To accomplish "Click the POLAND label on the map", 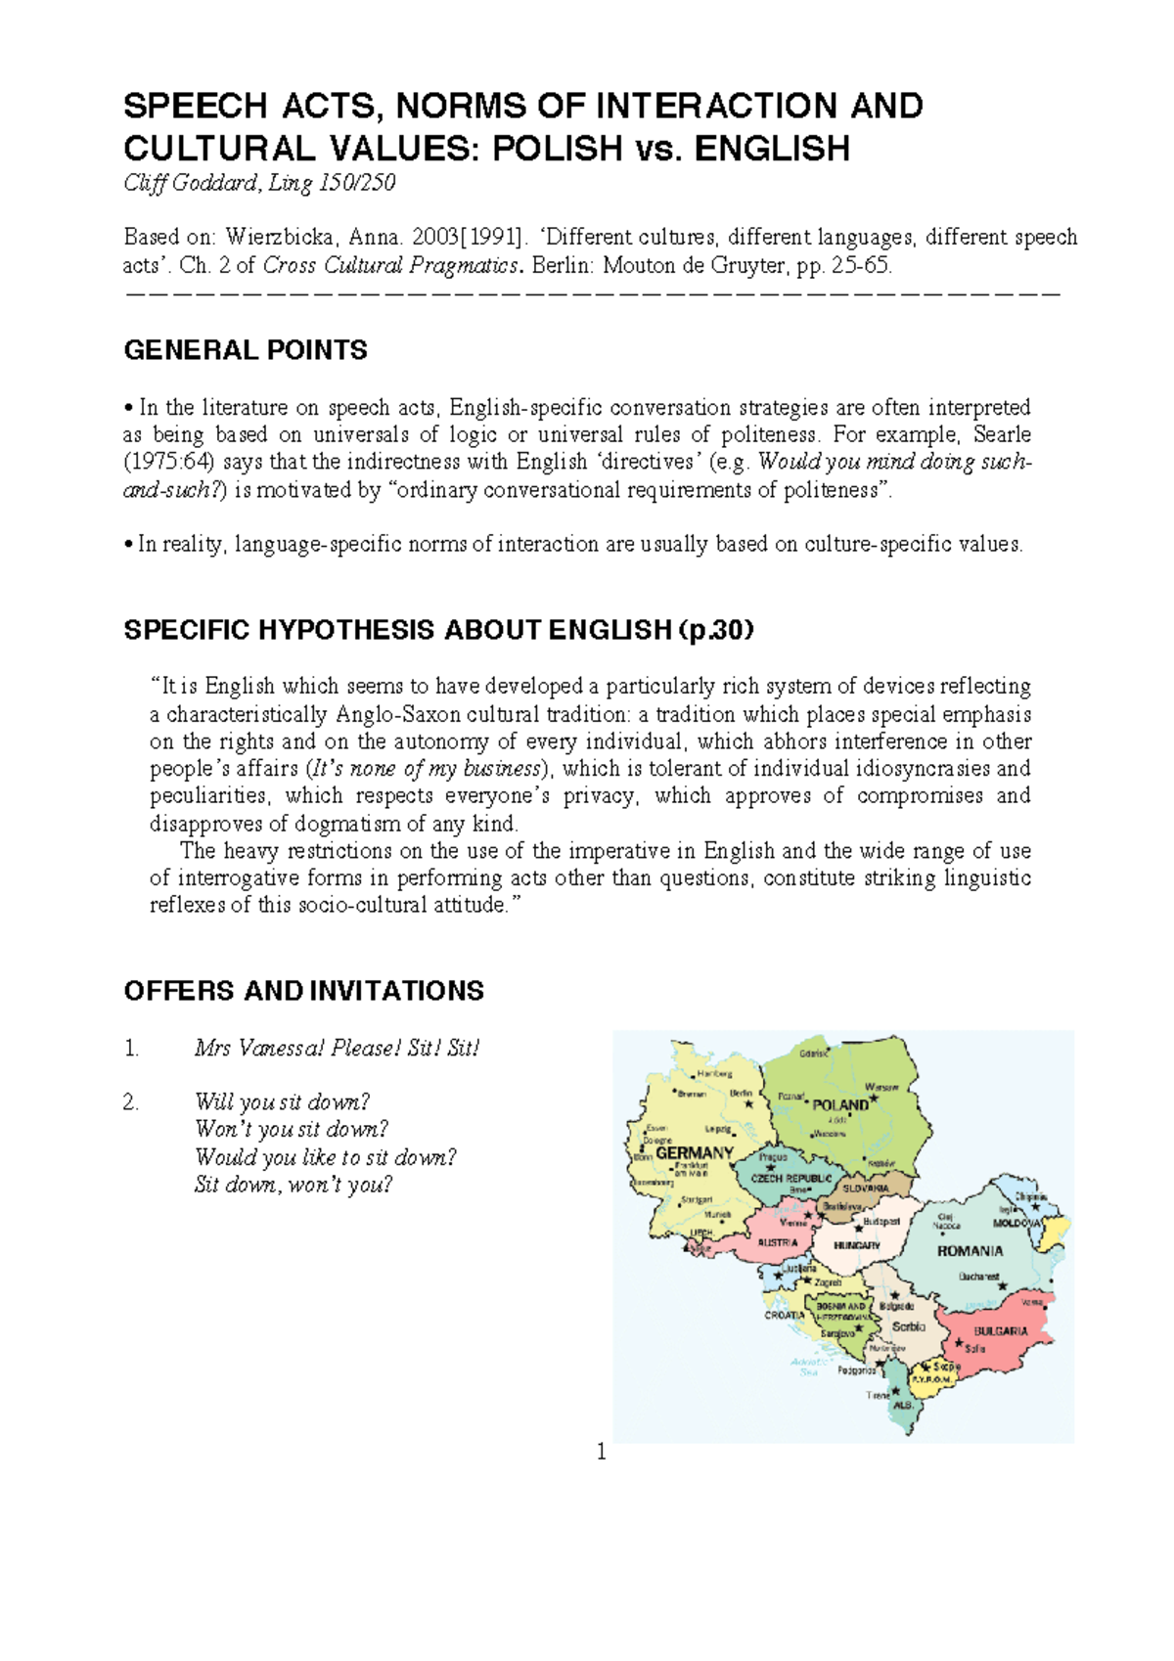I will click(840, 1104).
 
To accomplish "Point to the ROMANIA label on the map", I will click(970, 1250).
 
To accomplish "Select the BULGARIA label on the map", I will click(1000, 1330).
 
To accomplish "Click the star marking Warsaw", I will click(875, 1100).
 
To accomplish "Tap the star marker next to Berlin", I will click(749, 1104).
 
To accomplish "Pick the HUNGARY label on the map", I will click(857, 1245).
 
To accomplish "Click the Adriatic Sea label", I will click(808, 1367).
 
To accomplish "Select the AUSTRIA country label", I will click(778, 1242).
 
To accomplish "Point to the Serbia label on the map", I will click(908, 1326).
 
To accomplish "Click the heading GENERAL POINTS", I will click(246, 350).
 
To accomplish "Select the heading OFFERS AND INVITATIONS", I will click(303, 991).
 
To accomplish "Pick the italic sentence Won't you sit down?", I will click(292, 1129).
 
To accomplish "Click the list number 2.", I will click(131, 1102).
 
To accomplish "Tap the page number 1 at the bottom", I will click(601, 1452).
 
